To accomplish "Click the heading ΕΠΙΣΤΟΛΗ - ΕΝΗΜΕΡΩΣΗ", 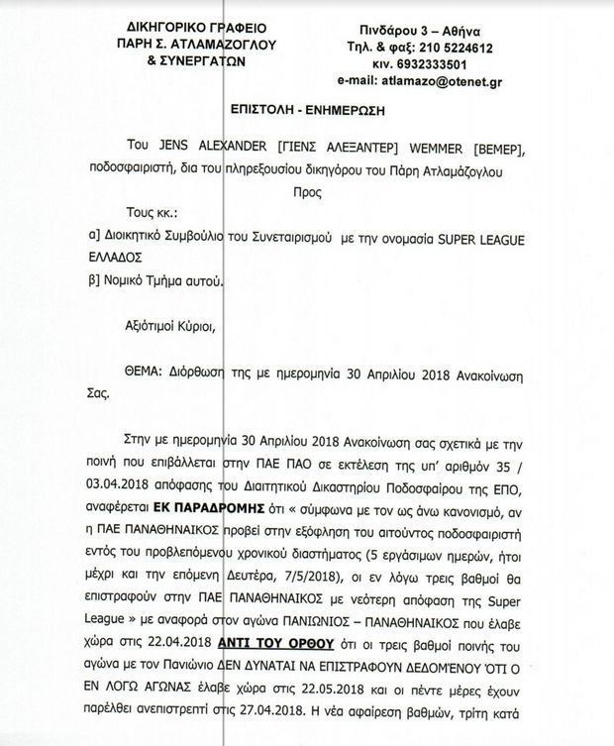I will coord(306,110).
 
